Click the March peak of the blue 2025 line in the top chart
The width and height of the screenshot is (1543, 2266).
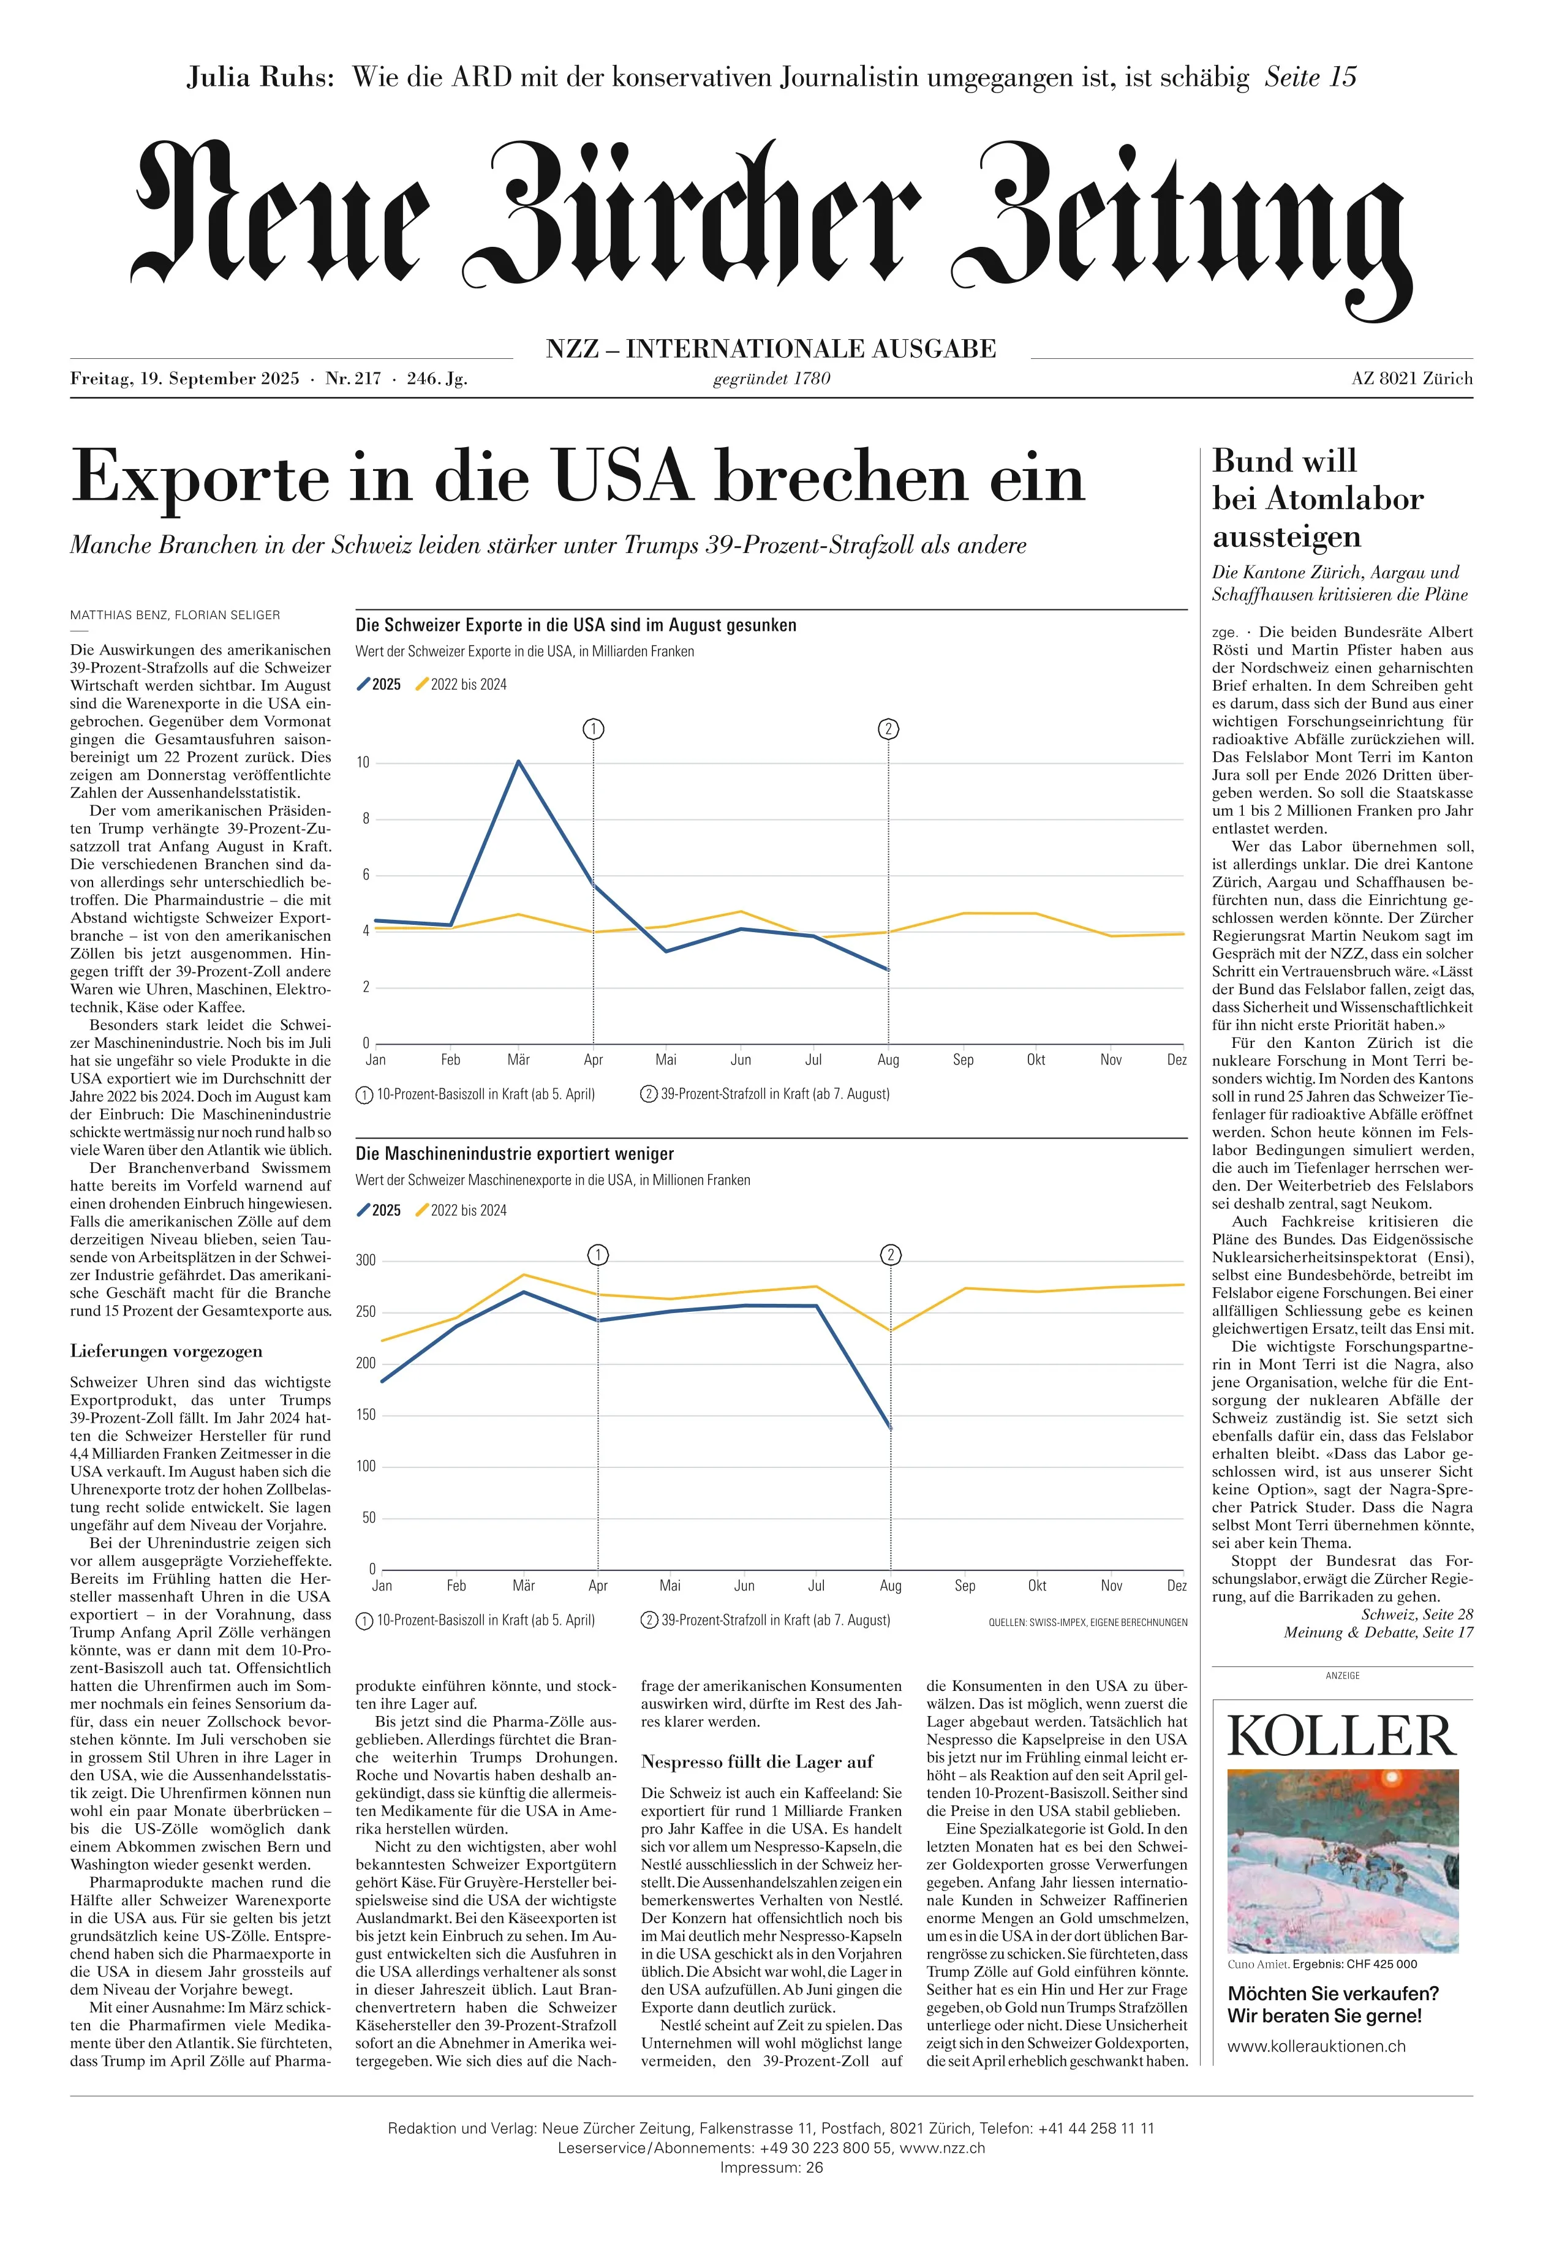tap(519, 761)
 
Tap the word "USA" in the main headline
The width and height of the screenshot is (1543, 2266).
tap(622, 478)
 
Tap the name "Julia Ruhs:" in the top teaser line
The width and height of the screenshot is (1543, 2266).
tap(260, 77)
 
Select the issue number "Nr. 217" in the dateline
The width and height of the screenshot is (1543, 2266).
tap(353, 378)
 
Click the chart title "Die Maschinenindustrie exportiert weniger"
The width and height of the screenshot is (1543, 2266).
tap(515, 1153)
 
